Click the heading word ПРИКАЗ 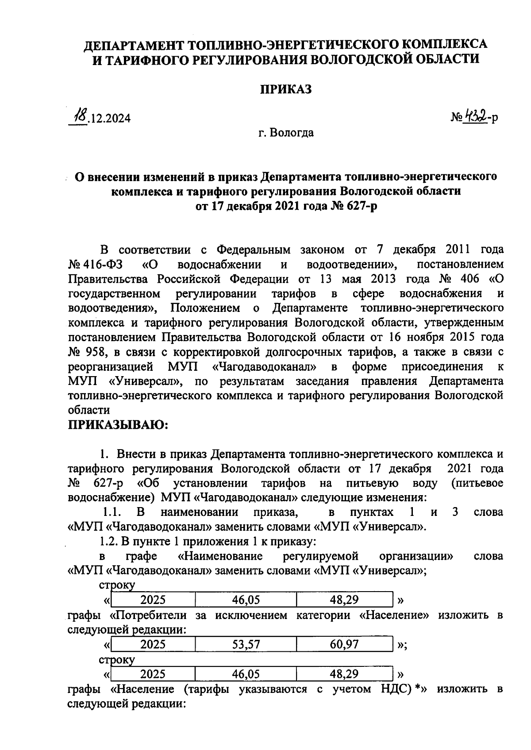(x=285, y=89)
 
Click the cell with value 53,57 (x=246, y=645)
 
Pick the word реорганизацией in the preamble (x=111, y=367)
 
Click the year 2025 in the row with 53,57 (x=153, y=645)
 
